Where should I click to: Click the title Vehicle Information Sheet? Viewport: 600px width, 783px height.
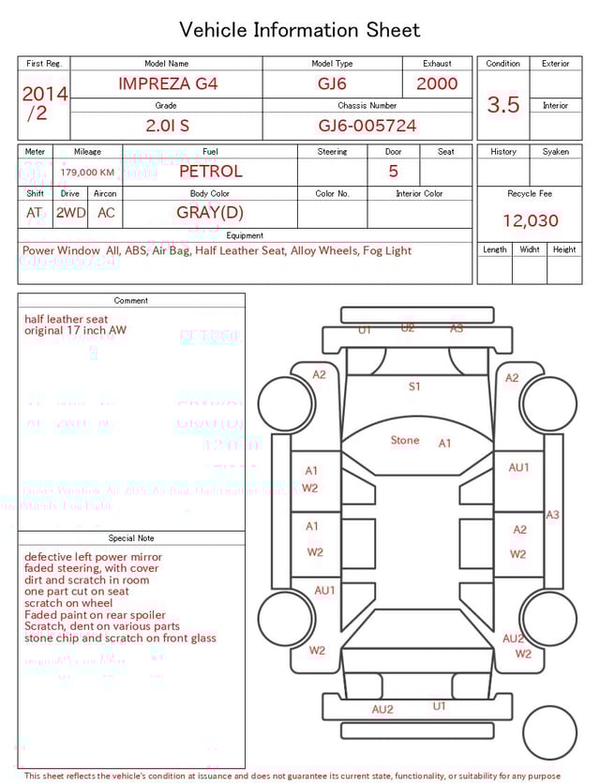tap(300, 30)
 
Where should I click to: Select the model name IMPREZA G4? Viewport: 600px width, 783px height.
tap(168, 83)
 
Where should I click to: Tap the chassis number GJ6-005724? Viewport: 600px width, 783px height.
tap(367, 126)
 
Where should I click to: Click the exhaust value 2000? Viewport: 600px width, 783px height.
tap(437, 83)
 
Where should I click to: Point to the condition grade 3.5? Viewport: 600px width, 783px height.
tap(503, 105)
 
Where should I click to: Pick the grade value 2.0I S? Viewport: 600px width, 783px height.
tap(168, 126)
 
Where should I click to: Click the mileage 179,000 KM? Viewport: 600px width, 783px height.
tap(87, 173)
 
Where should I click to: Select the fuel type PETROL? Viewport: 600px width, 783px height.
tap(210, 171)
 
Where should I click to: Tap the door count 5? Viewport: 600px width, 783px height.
tap(393, 171)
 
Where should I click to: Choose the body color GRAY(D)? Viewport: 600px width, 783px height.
tap(210, 213)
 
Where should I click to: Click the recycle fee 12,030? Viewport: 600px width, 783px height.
tap(530, 221)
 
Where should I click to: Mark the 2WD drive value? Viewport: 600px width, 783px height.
tap(70, 213)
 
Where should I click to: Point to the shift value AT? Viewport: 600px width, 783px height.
tap(35, 213)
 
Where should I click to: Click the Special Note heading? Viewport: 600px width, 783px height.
tap(131, 538)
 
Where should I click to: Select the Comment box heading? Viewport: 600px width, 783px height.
tap(131, 300)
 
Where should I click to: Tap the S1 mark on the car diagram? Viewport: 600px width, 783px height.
tap(414, 385)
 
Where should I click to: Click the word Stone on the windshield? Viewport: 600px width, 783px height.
tap(405, 440)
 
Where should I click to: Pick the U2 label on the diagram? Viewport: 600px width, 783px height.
tap(408, 327)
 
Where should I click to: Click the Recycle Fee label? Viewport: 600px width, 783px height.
tap(530, 193)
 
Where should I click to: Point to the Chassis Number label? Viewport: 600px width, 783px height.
tap(367, 106)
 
